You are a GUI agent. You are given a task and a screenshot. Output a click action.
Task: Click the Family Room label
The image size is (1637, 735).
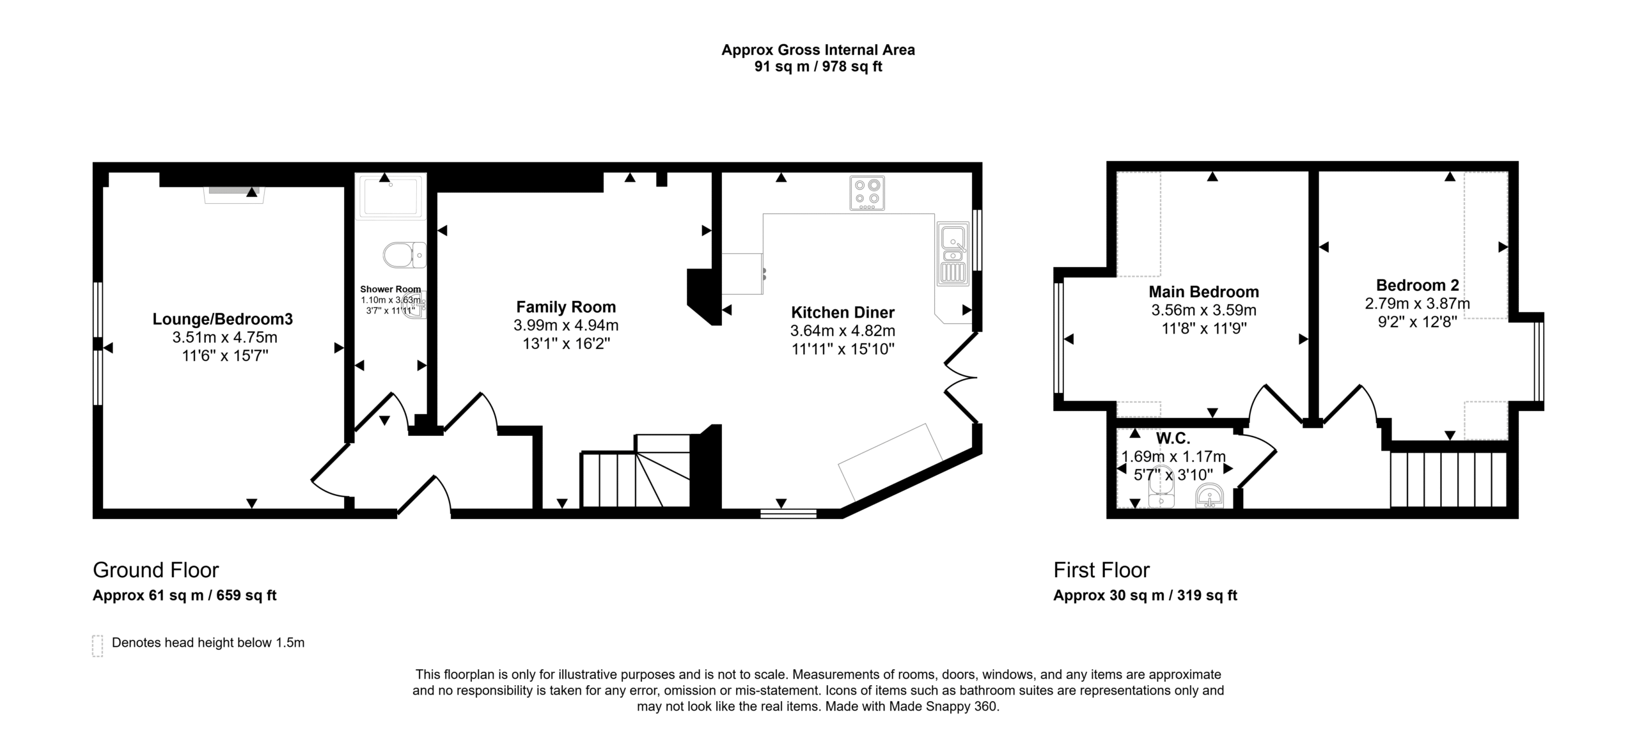click(566, 307)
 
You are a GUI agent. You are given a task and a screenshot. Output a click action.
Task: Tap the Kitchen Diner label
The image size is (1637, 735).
click(843, 313)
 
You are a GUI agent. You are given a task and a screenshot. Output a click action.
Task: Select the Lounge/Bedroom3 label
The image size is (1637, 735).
click(223, 319)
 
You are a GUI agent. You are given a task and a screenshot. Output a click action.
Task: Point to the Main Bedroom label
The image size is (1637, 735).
click(1203, 292)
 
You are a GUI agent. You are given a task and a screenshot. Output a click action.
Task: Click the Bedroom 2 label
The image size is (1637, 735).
click(1417, 285)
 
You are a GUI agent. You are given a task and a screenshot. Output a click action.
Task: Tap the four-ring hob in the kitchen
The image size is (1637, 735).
click(867, 193)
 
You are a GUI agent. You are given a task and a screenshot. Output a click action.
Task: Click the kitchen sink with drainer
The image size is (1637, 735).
click(953, 253)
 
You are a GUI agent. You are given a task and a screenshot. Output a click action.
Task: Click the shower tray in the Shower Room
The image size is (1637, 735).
click(390, 196)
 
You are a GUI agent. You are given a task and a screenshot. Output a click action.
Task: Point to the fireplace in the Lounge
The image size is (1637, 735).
click(234, 194)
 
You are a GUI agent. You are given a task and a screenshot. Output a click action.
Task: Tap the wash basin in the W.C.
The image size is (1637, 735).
click(1209, 496)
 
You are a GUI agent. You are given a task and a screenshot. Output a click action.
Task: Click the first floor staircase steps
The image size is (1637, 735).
click(1449, 480)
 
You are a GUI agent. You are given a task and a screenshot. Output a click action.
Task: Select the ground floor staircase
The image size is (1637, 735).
click(636, 471)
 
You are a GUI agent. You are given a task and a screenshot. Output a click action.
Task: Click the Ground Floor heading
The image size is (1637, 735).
click(155, 569)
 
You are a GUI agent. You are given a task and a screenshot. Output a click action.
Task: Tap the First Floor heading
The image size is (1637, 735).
click(1101, 569)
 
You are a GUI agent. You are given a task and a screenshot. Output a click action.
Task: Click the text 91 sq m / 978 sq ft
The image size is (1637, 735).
click(818, 66)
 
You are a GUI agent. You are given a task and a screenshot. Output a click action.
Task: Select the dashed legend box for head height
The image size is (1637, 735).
click(97, 646)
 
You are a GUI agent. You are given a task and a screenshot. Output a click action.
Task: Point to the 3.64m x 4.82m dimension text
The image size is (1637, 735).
click(843, 331)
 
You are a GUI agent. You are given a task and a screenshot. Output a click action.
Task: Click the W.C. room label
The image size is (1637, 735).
click(1173, 438)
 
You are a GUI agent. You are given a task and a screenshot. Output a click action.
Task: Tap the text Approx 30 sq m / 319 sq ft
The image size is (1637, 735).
click(1145, 596)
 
